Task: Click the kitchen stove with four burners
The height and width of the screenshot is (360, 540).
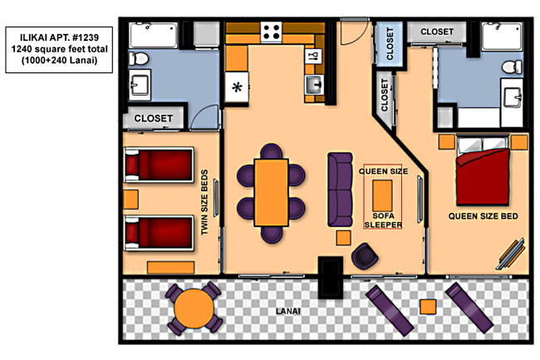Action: point(272,32)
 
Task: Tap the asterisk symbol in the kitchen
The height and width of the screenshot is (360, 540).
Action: point(237,87)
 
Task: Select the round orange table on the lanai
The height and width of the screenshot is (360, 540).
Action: point(194,308)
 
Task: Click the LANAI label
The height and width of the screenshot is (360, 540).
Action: point(288,312)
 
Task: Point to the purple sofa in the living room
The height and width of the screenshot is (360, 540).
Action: point(341,190)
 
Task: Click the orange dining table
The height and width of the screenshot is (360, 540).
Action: point(272,193)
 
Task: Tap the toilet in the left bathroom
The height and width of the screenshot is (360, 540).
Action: point(138,59)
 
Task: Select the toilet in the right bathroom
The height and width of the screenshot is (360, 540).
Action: point(512,67)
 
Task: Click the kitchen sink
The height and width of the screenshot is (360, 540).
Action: point(314,85)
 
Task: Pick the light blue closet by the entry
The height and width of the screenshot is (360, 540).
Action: point(390,44)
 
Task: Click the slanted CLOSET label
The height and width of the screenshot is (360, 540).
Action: point(385,95)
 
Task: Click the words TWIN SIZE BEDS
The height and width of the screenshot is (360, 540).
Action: point(204,203)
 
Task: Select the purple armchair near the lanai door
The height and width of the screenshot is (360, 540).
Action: point(365,255)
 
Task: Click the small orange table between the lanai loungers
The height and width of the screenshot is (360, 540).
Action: point(428,307)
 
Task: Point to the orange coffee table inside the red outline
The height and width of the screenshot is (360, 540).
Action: point(382,195)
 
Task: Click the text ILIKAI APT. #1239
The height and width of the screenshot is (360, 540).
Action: point(59,37)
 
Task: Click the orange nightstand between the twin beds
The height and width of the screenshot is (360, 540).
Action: point(131,200)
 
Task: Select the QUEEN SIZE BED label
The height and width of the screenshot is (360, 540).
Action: point(484,216)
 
